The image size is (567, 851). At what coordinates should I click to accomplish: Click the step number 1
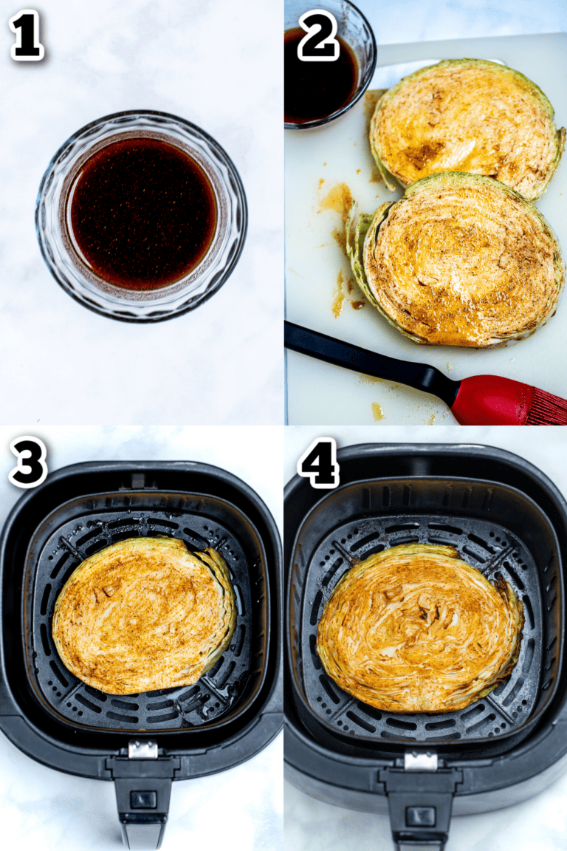pyautogui.click(x=27, y=35)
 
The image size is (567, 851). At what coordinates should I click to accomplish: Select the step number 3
pyautogui.click(x=27, y=462)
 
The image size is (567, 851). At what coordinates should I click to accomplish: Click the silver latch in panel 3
pyautogui.click(x=142, y=750)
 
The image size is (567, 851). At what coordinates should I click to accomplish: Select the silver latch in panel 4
pyautogui.click(x=421, y=761)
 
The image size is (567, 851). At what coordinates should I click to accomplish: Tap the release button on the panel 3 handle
pyautogui.click(x=142, y=799)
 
